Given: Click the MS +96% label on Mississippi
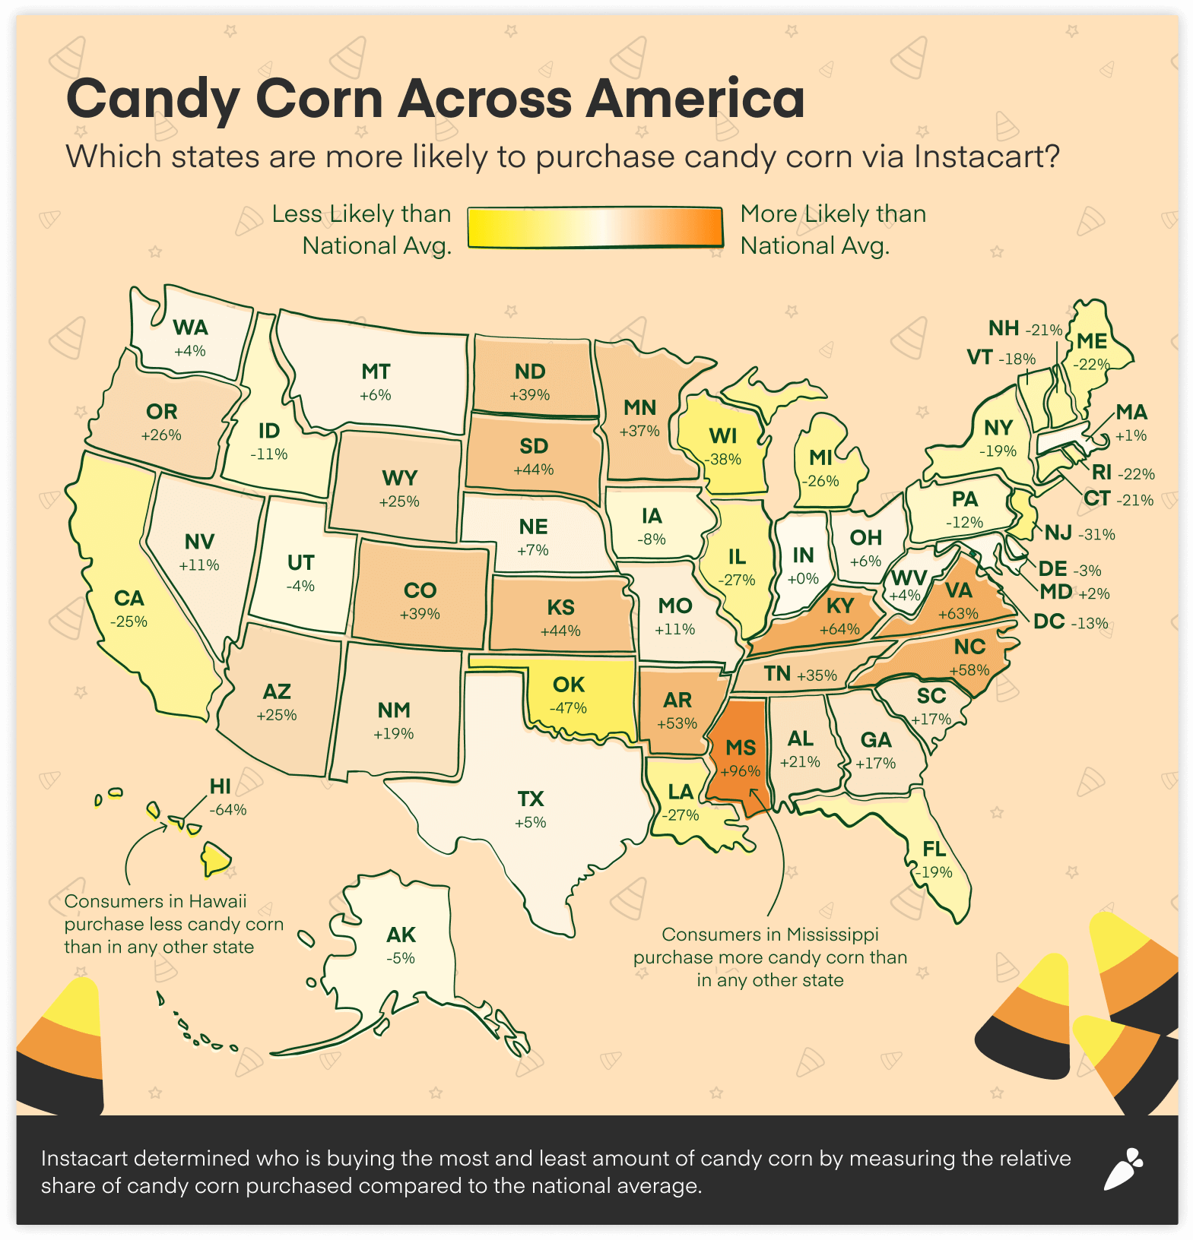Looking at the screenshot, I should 741,758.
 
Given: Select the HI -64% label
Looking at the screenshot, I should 227,797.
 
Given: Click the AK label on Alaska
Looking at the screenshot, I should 401,935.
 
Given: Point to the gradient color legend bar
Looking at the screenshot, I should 595,228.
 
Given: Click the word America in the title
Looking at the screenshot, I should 695,99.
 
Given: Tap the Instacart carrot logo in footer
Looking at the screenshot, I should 1123,1169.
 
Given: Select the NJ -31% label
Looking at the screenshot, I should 1078,533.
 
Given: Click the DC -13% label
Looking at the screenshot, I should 1070,622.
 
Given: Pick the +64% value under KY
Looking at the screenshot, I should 839,629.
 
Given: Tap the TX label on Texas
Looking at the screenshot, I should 531,799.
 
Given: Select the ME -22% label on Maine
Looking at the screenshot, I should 1092,352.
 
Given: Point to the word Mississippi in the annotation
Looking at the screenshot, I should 833,934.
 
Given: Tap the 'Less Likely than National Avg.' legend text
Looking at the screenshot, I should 362,229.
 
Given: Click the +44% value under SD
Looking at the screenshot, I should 533,470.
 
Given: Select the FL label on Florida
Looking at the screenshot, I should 934,849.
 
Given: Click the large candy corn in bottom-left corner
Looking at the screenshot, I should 61,1049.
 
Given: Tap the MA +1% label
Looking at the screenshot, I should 1131,423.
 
